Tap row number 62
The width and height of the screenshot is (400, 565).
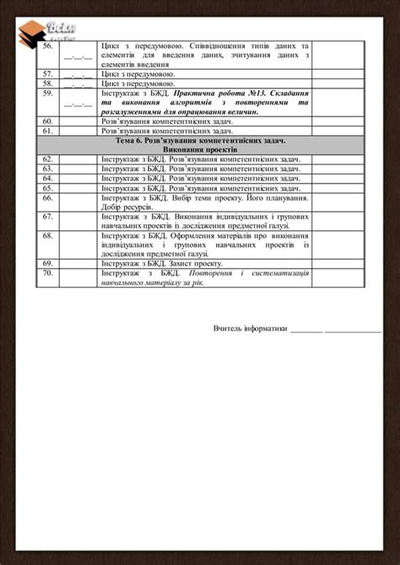[47, 159]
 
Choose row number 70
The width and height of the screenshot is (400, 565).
[47, 272]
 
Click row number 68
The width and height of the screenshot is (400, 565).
[47, 235]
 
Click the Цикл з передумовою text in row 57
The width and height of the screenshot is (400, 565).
[138, 74]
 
